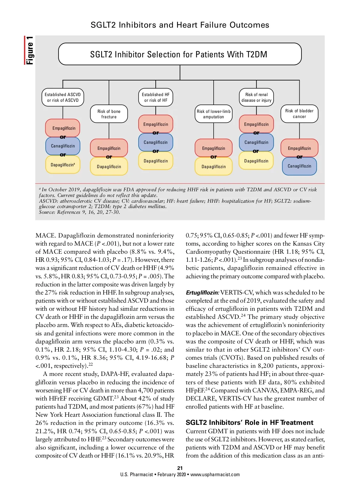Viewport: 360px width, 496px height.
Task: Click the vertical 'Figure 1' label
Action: [x=29, y=50]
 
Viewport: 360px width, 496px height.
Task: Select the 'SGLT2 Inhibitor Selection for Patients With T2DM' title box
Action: [x=180, y=54]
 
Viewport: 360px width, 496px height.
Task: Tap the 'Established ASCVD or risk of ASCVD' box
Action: [x=63, y=97]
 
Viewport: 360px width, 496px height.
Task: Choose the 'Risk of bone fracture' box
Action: [x=109, y=114]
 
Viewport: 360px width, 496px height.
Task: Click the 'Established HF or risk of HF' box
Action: [x=156, y=97]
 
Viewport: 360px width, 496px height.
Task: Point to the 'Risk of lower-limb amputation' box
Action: [x=214, y=114]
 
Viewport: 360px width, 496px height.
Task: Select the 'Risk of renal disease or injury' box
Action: [x=256, y=97]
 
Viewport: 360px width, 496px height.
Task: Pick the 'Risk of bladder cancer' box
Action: [x=299, y=114]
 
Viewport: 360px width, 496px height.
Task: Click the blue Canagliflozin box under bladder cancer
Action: [x=299, y=166]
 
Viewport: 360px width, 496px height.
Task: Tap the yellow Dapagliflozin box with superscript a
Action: [x=63, y=165]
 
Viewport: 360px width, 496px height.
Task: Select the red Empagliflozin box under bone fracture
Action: [x=109, y=148]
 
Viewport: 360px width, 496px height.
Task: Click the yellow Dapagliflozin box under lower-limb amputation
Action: [x=214, y=167]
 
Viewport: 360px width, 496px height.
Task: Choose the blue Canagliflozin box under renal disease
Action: [x=256, y=142]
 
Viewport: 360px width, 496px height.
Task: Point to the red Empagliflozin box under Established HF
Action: [x=156, y=124]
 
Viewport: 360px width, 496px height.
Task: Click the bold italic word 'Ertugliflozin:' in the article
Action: [x=202, y=292]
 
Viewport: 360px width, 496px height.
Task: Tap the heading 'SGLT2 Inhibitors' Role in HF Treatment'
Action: [x=249, y=422]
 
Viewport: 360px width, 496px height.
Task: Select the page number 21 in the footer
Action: [x=180, y=468]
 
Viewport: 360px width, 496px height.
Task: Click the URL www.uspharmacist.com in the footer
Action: [x=215, y=474]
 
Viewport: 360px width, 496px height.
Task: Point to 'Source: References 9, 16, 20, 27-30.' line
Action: [x=79, y=212]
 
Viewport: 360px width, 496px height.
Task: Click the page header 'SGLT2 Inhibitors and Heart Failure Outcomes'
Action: [x=180, y=25]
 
